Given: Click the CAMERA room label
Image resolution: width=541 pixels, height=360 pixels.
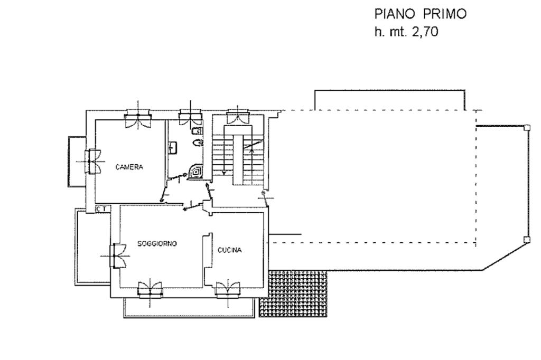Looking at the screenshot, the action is pyautogui.click(x=129, y=167).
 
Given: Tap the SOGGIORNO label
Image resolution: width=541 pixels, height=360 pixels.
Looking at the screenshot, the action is pyautogui.click(x=157, y=243).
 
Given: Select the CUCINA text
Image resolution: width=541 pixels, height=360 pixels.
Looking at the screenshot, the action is pyautogui.click(x=229, y=250).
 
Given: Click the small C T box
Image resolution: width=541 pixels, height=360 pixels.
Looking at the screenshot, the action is pyautogui.click(x=103, y=209).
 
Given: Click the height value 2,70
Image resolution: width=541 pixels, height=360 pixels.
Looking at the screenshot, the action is pyautogui.click(x=424, y=32).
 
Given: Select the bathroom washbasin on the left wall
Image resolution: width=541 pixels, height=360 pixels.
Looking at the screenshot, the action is pyautogui.click(x=173, y=148).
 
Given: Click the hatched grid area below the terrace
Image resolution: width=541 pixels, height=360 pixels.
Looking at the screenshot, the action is pyautogui.click(x=293, y=293).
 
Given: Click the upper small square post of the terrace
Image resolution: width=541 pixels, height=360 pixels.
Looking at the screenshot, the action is pyautogui.click(x=527, y=128).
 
